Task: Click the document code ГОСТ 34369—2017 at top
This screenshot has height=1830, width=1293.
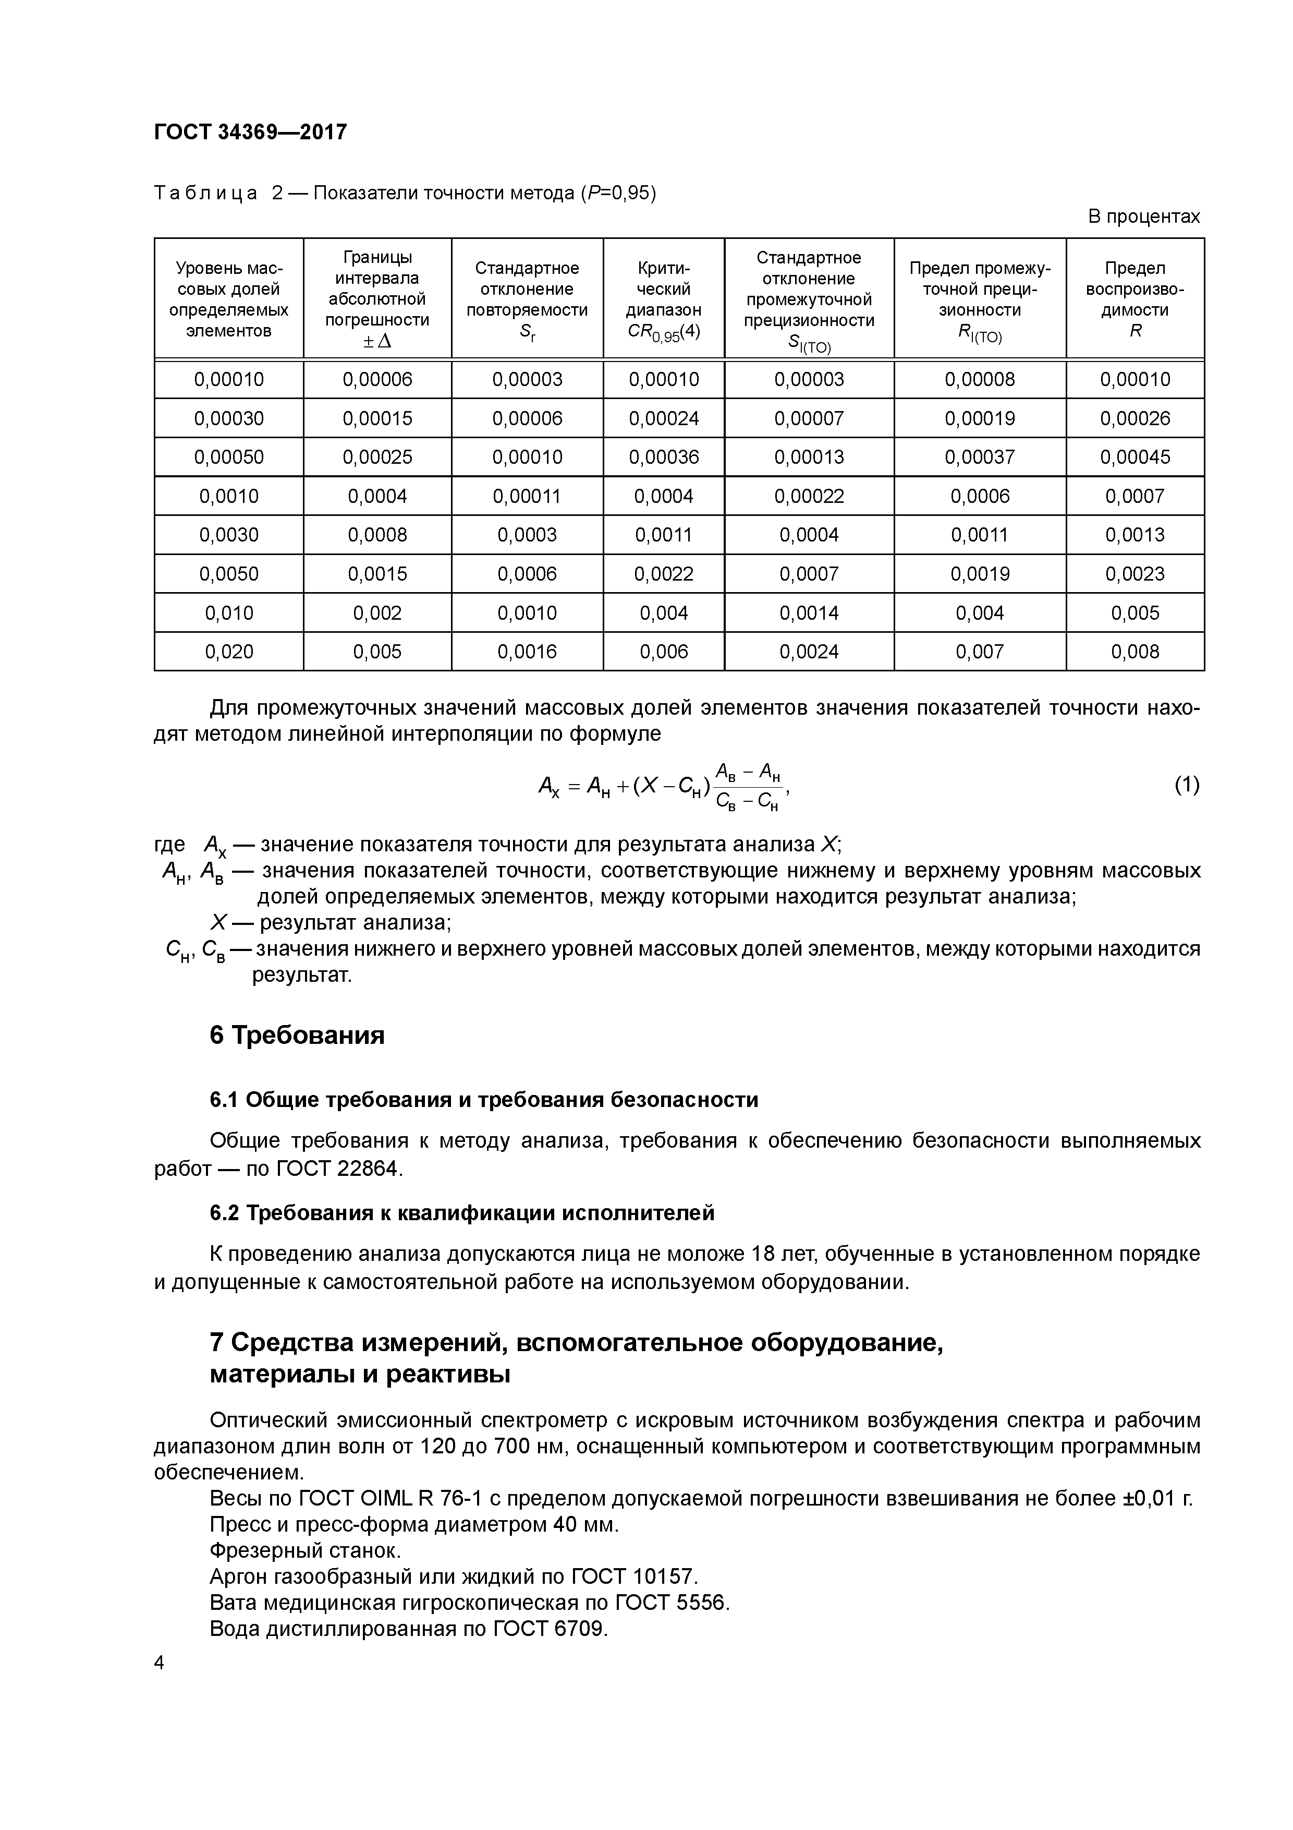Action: coord(250,131)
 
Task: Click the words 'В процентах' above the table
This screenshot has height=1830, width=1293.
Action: coord(1143,217)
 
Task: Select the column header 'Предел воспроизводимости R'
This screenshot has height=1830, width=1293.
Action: coord(1135,299)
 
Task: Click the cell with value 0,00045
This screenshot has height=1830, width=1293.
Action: coord(1135,456)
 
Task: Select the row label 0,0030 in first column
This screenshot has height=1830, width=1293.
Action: coord(229,535)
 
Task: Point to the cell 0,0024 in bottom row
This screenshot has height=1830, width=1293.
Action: coord(809,652)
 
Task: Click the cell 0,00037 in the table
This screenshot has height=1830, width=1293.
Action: coord(979,456)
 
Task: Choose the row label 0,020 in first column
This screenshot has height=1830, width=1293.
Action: coord(229,652)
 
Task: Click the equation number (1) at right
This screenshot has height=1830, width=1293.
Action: coord(1186,785)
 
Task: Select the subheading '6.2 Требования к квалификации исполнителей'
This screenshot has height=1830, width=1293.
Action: coord(462,1213)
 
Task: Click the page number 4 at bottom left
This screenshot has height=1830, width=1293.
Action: coord(160,1664)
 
